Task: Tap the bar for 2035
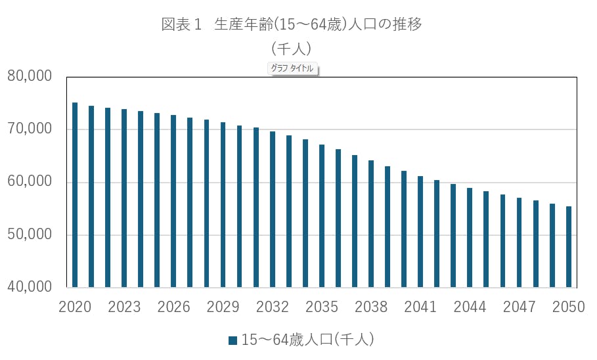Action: (322, 216)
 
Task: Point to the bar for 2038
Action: (371, 224)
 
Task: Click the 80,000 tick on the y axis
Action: (30, 76)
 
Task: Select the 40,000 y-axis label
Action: (30, 288)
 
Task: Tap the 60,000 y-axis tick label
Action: (30, 182)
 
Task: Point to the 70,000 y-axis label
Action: (30, 129)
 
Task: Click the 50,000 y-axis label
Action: (30, 235)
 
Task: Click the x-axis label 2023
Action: (124, 307)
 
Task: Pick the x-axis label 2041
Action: (420, 307)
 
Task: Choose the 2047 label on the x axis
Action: (519, 307)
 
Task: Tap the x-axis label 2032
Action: (273, 307)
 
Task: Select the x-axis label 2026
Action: (173, 307)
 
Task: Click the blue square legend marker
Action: (232, 340)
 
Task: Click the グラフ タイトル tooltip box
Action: (293, 68)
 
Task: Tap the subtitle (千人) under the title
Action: (291, 48)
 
